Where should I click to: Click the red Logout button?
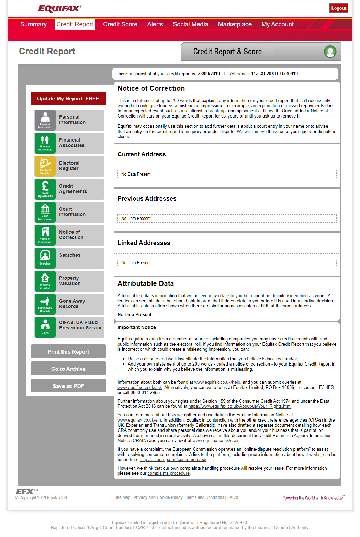coord(339,8)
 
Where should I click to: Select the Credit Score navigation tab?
coord(120,24)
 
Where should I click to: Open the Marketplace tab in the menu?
coord(235,24)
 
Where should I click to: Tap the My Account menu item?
coord(278,24)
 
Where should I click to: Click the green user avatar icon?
coord(330,52)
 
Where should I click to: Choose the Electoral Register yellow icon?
coord(45,166)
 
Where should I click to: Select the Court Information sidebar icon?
coord(45,212)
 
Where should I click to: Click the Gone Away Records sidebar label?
coord(72,304)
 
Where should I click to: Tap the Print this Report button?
coord(68,351)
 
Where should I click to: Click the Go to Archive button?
coord(68,369)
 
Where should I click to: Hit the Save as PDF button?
coord(68,386)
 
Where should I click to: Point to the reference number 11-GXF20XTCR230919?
coord(274,74)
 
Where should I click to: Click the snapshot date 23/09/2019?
coord(209,74)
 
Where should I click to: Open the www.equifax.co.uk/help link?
coord(217,382)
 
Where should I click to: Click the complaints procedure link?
coord(168,473)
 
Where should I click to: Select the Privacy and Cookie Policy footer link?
coord(158,497)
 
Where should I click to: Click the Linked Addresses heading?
coord(144,243)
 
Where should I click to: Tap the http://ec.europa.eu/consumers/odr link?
coord(173,460)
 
